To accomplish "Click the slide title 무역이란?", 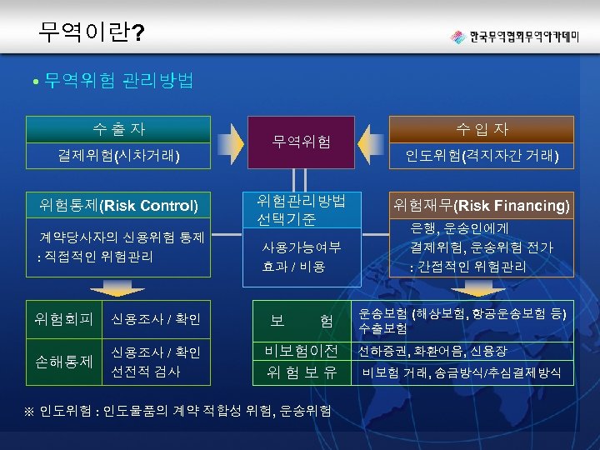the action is point(91,32).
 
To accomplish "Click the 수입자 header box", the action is point(482,129).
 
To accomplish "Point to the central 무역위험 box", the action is point(302,142).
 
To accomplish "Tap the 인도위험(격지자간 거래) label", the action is point(482,155).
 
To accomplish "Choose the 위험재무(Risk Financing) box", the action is point(482,204).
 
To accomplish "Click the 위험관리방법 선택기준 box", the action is point(301,210).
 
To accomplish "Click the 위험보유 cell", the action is point(301,372).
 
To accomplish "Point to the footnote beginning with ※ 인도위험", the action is point(180,410).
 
